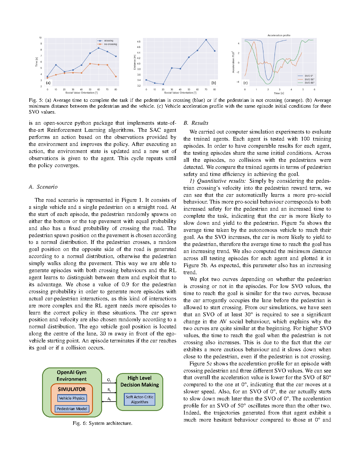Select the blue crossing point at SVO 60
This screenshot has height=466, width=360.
point(99,48)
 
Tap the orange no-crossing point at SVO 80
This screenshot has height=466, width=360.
point(116,76)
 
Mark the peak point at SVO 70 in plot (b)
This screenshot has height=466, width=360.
point(206,40)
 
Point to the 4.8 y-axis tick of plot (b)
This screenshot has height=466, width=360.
point(139,42)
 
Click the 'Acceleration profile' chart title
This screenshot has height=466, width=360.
point(279,35)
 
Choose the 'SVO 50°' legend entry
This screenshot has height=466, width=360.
point(309,79)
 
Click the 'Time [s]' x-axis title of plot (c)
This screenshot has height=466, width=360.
point(279,93)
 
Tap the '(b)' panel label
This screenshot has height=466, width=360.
point(214,83)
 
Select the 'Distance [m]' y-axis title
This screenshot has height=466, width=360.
point(135,62)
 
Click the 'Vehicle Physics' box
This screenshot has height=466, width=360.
point(72,398)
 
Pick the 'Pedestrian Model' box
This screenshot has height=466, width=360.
point(72,409)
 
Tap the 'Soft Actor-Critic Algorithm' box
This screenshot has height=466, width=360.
point(140,400)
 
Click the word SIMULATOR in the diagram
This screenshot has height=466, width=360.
point(71,389)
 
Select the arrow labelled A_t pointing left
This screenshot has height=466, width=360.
point(109,401)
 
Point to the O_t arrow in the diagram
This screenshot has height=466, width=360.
point(109,383)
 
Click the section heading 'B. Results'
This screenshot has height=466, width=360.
point(196,123)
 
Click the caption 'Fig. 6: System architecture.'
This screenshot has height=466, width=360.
point(103,423)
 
